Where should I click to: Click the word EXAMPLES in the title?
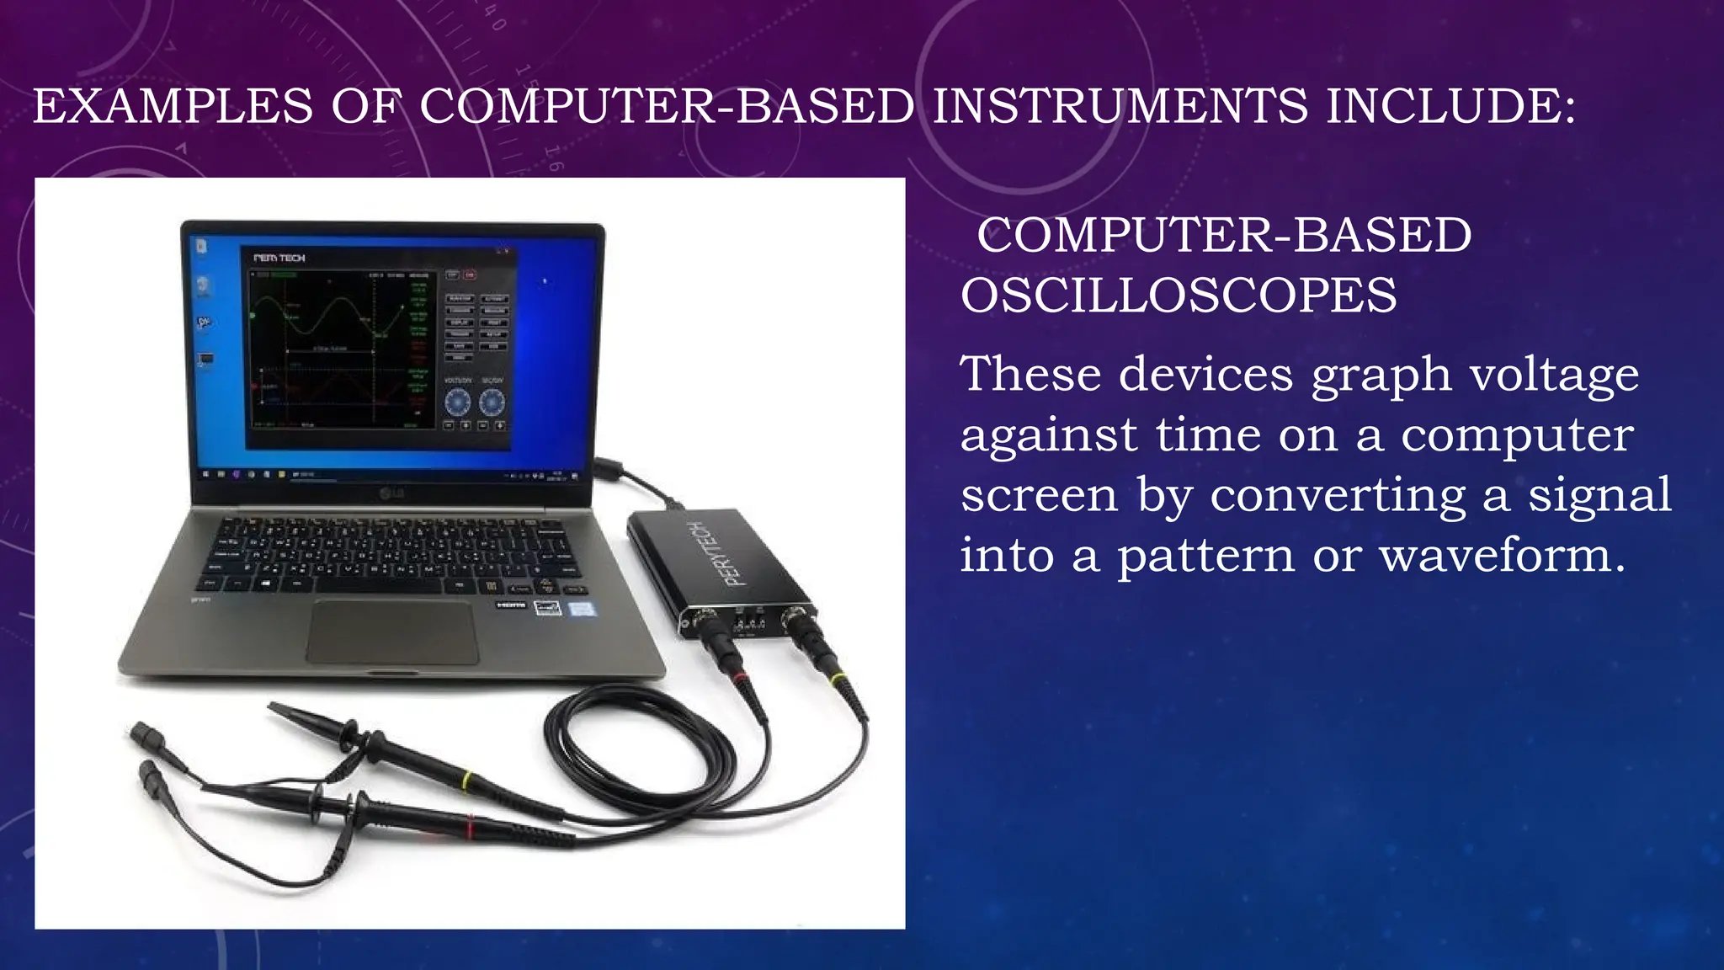click(x=173, y=107)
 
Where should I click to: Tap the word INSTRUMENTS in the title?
click(x=1120, y=107)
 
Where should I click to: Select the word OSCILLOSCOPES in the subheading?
click(x=1179, y=296)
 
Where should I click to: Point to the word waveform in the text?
click(x=1503, y=556)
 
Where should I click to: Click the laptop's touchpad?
click(x=392, y=632)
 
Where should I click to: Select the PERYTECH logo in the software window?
click(x=279, y=258)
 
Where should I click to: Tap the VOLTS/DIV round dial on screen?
click(x=458, y=402)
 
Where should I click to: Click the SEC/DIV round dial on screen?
click(x=492, y=402)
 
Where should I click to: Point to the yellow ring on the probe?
click(x=466, y=779)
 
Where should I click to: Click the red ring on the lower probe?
click(x=469, y=829)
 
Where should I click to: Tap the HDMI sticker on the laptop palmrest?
click(x=510, y=605)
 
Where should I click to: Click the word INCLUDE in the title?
click(x=1450, y=107)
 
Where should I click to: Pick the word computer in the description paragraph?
click(x=1517, y=435)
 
